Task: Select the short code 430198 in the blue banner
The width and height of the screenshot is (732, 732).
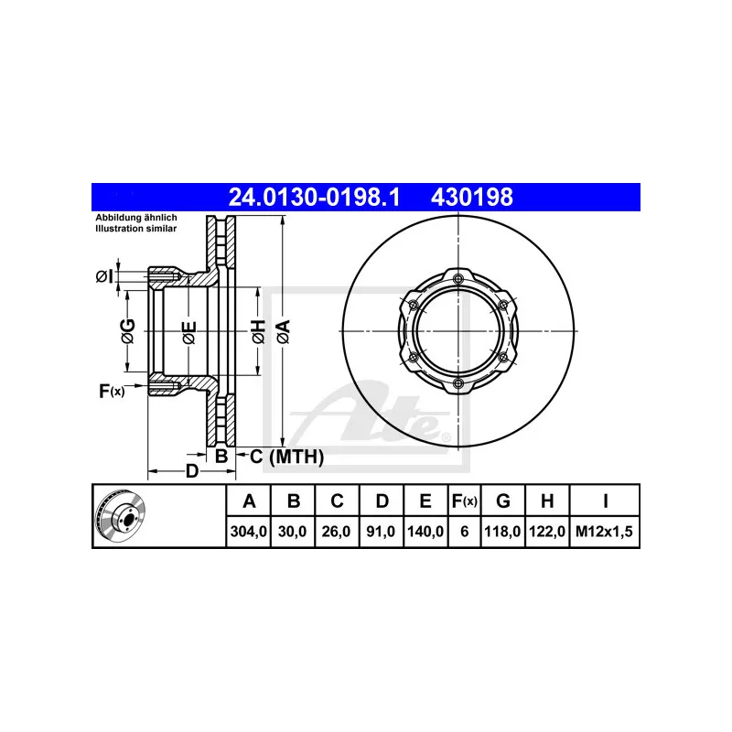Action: click(471, 197)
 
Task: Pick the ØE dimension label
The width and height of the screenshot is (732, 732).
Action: click(187, 332)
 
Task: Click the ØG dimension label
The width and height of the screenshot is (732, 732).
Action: click(128, 332)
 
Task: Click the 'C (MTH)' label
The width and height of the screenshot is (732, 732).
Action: click(286, 457)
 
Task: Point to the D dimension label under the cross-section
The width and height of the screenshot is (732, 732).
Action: click(191, 472)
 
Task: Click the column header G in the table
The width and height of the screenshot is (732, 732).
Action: click(503, 501)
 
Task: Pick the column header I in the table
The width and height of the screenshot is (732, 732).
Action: click(606, 501)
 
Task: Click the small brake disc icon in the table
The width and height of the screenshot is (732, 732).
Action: click(120, 516)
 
